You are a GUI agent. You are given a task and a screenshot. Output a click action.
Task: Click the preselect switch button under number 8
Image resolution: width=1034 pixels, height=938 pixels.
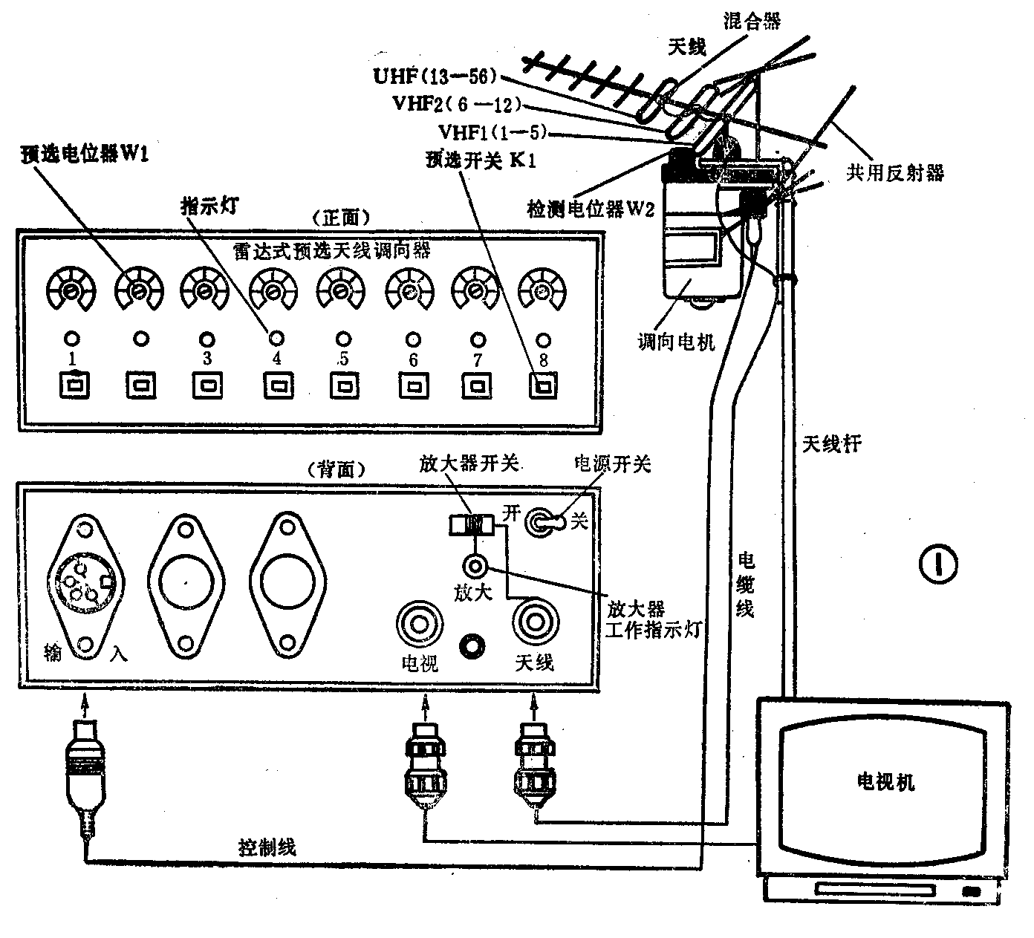(x=544, y=386)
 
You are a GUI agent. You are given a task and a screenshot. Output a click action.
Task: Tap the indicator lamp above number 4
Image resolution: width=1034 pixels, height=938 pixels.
(x=276, y=339)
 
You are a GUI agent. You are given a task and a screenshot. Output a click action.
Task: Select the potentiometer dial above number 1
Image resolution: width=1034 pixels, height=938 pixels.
(x=71, y=290)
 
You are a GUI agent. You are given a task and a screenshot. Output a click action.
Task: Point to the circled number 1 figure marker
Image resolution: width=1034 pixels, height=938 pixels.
(x=938, y=564)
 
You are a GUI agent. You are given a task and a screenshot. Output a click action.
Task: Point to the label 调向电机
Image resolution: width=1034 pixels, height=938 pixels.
(x=676, y=342)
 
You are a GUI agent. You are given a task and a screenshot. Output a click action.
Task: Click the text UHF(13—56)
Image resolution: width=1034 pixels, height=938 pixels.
(x=435, y=76)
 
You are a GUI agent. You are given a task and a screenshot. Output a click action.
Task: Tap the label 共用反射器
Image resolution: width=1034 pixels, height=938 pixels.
(x=895, y=173)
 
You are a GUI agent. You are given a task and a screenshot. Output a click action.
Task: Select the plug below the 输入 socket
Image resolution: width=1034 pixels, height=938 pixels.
(x=85, y=772)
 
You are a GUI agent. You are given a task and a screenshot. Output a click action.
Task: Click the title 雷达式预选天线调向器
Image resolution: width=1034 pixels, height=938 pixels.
(x=332, y=251)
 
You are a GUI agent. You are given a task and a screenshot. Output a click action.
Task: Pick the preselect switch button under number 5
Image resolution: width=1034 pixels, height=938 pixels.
(x=344, y=386)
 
